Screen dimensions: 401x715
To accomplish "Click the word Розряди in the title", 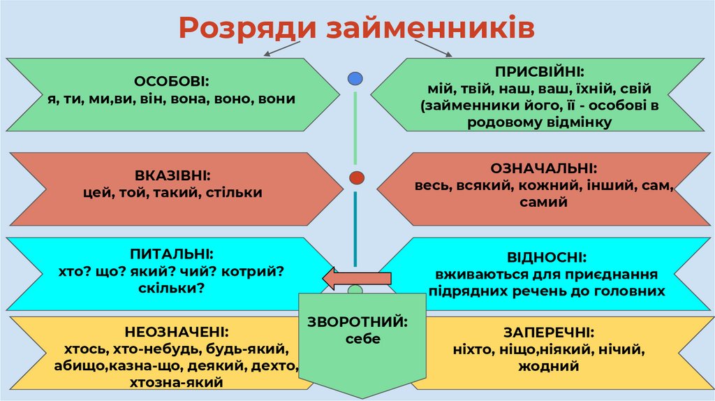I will click(241, 28).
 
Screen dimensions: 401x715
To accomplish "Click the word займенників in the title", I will click(422, 28).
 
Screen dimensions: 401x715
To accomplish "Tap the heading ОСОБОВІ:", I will click(172, 81).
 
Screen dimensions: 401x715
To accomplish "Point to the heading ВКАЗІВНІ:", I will click(172, 175).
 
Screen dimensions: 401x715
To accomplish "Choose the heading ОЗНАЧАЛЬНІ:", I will click(543, 168).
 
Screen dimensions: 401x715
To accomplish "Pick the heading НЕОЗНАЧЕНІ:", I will click(177, 331).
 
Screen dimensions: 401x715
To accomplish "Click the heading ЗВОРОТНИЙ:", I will click(357, 322).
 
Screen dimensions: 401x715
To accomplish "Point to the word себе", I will click(360, 339).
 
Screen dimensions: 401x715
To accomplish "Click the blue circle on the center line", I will click(355, 78).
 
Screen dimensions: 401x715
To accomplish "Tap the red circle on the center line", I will click(356, 177).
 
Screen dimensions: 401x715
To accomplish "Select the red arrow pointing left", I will click(356, 278).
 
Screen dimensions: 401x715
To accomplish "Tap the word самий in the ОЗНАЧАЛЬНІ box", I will click(543, 203).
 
